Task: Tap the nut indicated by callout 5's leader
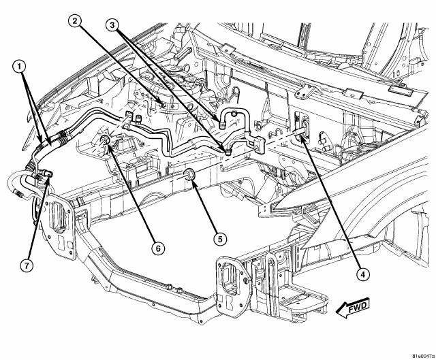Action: tap(190, 178)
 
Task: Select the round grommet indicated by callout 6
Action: tap(106, 142)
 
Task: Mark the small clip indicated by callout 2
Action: tap(161, 103)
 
